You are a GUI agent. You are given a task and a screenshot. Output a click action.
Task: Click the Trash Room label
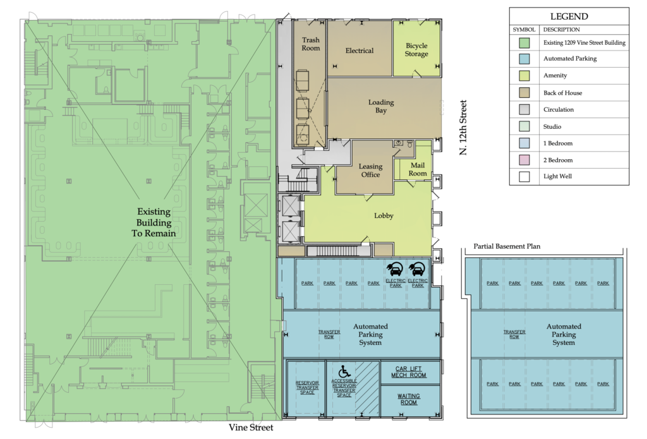[311, 44]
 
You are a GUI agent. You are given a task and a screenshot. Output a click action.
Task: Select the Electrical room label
[360, 51]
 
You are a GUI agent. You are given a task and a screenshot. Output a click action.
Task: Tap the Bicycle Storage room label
[416, 50]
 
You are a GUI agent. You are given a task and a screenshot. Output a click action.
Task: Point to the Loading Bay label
[381, 106]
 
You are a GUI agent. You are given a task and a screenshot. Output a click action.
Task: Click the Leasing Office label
[371, 171]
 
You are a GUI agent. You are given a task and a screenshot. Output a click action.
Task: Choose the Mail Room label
[418, 169]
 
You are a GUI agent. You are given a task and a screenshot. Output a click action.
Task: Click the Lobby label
[384, 215]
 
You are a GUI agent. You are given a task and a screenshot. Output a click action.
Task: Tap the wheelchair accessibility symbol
[344, 371]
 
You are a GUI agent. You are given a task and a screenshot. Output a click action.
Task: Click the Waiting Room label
[409, 399]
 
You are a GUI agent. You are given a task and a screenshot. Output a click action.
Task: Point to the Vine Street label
[251, 428]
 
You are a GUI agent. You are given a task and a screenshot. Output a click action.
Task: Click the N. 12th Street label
[463, 128]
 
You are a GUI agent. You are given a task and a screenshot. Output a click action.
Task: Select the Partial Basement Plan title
[507, 246]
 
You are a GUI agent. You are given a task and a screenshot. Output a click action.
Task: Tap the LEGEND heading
[569, 16]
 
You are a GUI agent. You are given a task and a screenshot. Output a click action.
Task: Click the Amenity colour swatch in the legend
[524, 76]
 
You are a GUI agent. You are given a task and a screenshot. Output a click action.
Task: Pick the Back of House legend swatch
[524, 93]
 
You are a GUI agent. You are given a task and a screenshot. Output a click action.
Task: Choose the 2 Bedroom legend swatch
[524, 160]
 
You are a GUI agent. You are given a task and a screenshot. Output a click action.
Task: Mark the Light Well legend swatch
[524, 177]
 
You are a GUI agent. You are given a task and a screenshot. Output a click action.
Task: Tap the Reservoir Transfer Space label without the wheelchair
[306, 388]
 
